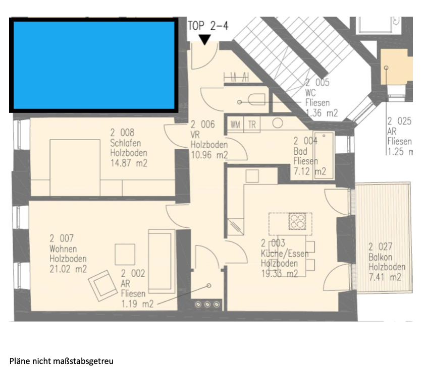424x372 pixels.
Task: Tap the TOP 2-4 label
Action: click(x=208, y=26)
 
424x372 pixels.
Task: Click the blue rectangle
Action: click(x=94, y=65)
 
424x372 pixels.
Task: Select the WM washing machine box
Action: click(x=235, y=125)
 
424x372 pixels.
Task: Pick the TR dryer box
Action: click(x=252, y=125)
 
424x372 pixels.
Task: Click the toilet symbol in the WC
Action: click(x=256, y=100)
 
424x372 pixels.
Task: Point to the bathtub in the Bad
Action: click(x=324, y=155)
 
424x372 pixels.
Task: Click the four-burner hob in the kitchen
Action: click(x=297, y=221)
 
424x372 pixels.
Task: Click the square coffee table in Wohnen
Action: click(x=125, y=254)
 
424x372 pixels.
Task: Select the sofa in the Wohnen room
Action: click(x=162, y=261)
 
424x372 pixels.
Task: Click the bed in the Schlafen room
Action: click(x=75, y=168)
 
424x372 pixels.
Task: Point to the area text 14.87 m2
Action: click(x=129, y=163)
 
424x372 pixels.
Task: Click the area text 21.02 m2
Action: click(x=68, y=269)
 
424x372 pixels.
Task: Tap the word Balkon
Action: click(x=380, y=257)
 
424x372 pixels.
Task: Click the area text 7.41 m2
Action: click(x=385, y=277)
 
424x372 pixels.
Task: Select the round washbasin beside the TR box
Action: click(x=278, y=123)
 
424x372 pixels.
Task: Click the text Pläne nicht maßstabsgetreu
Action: click(x=62, y=361)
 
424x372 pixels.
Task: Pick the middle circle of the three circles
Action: click(x=207, y=304)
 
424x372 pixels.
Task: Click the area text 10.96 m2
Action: click(x=209, y=155)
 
